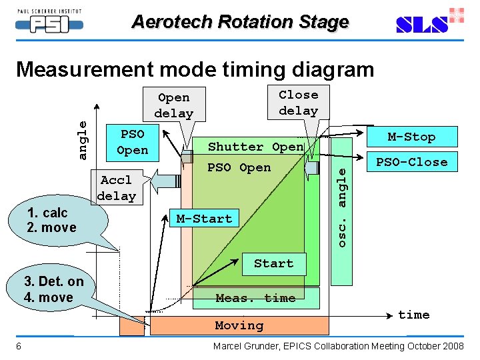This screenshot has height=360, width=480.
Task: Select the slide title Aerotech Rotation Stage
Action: (x=240, y=21)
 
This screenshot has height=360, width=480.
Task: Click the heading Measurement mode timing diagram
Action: (x=195, y=69)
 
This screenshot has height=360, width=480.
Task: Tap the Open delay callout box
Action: (x=173, y=105)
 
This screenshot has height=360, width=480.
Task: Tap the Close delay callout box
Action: (x=298, y=103)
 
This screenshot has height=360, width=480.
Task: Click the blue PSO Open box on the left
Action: (x=132, y=141)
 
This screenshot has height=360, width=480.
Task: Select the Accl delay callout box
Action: (x=117, y=188)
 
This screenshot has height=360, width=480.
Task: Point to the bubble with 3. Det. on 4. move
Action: (x=53, y=289)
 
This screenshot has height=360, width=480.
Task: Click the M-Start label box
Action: (x=204, y=219)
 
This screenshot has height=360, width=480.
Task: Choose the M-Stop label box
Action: (x=411, y=137)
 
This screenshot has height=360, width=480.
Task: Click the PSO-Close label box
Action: (x=411, y=161)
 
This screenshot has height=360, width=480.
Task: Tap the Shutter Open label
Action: (x=255, y=147)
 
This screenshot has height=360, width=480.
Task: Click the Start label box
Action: (x=273, y=263)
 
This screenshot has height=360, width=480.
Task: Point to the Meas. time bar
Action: (x=255, y=298)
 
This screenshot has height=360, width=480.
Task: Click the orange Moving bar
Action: (x=239, y=325)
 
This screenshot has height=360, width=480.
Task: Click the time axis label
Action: (x=413, y=315)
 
